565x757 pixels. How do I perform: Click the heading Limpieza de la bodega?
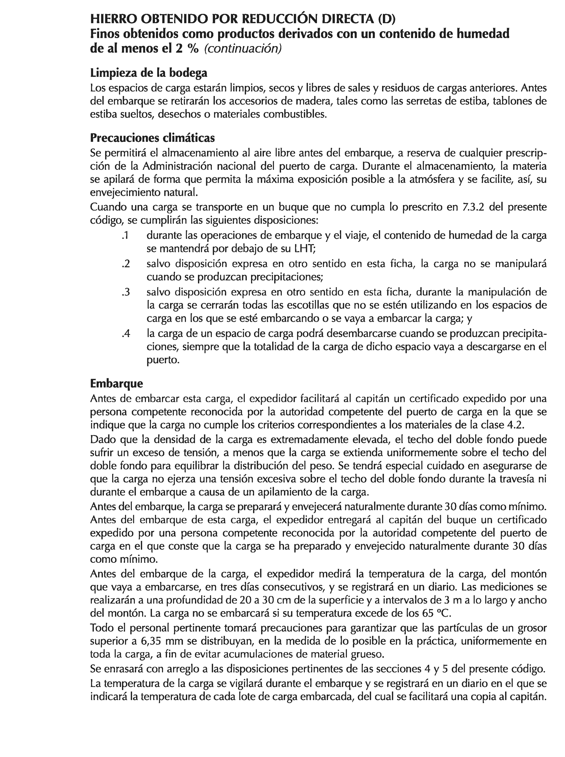point(148,73)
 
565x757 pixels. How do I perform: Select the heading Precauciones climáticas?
point(152,137)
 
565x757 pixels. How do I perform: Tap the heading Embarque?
point(116,383)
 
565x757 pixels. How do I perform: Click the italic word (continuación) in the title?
point(243,49)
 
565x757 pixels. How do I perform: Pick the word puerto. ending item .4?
point(163,360)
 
